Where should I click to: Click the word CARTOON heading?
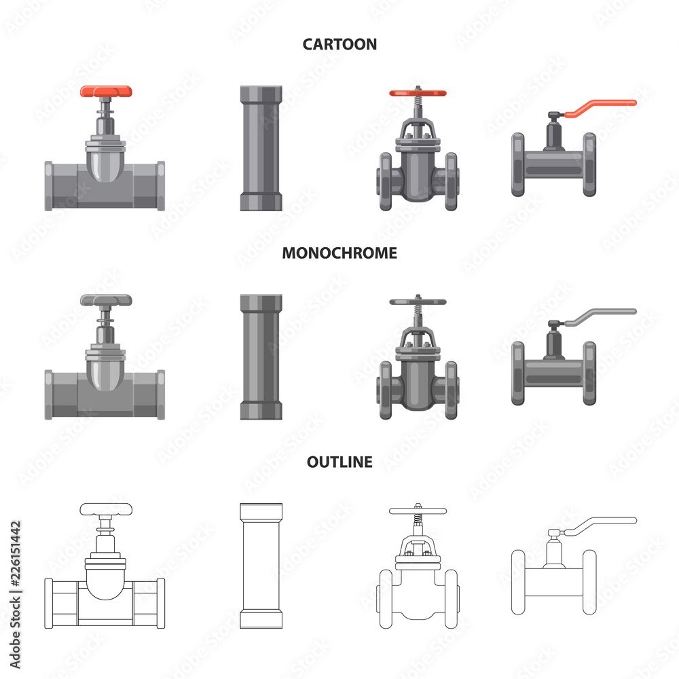[x=339, y=44]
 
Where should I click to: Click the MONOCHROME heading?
[x=339, y=253]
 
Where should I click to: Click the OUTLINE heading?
[x=339, y=462]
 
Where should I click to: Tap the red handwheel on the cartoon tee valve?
[x=106, y=92]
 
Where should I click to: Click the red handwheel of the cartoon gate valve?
[x=418, y=93]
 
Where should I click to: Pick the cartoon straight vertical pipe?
[x=261, y=148]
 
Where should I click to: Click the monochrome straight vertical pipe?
[x=261, y=357]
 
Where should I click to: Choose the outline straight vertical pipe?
[x=261, y=566]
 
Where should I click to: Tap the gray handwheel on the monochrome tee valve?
[x=106, y=300]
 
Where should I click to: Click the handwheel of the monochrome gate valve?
[x=418, y=302]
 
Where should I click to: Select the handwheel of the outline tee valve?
[x=106, y=509]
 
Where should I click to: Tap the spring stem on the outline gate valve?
[x=418, y=518]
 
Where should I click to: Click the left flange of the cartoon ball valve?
[x=518, y=164]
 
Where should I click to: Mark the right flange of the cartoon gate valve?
[x=452, y=181]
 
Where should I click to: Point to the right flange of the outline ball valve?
[x=589, y=582]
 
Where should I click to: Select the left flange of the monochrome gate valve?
[x=386, y=390]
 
